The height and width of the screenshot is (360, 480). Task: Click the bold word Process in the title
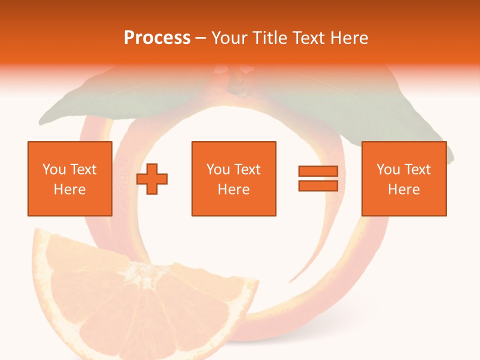[157, 38]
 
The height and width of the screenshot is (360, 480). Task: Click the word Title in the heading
[270, 38]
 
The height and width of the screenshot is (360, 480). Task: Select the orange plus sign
[152, 178]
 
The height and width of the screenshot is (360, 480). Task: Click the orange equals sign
[318, 178]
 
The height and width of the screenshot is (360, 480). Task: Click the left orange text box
[70, 178]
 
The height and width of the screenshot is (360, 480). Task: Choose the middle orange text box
[233, 178]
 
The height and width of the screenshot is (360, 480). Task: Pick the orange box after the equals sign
[404, 178]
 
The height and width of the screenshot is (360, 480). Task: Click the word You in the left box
[54, 169]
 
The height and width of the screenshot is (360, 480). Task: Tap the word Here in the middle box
[233, 189]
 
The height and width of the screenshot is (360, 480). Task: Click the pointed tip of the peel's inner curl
[290, 282]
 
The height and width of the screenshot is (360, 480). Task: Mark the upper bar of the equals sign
[318, 171]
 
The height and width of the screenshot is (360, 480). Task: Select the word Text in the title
[308, 38]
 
